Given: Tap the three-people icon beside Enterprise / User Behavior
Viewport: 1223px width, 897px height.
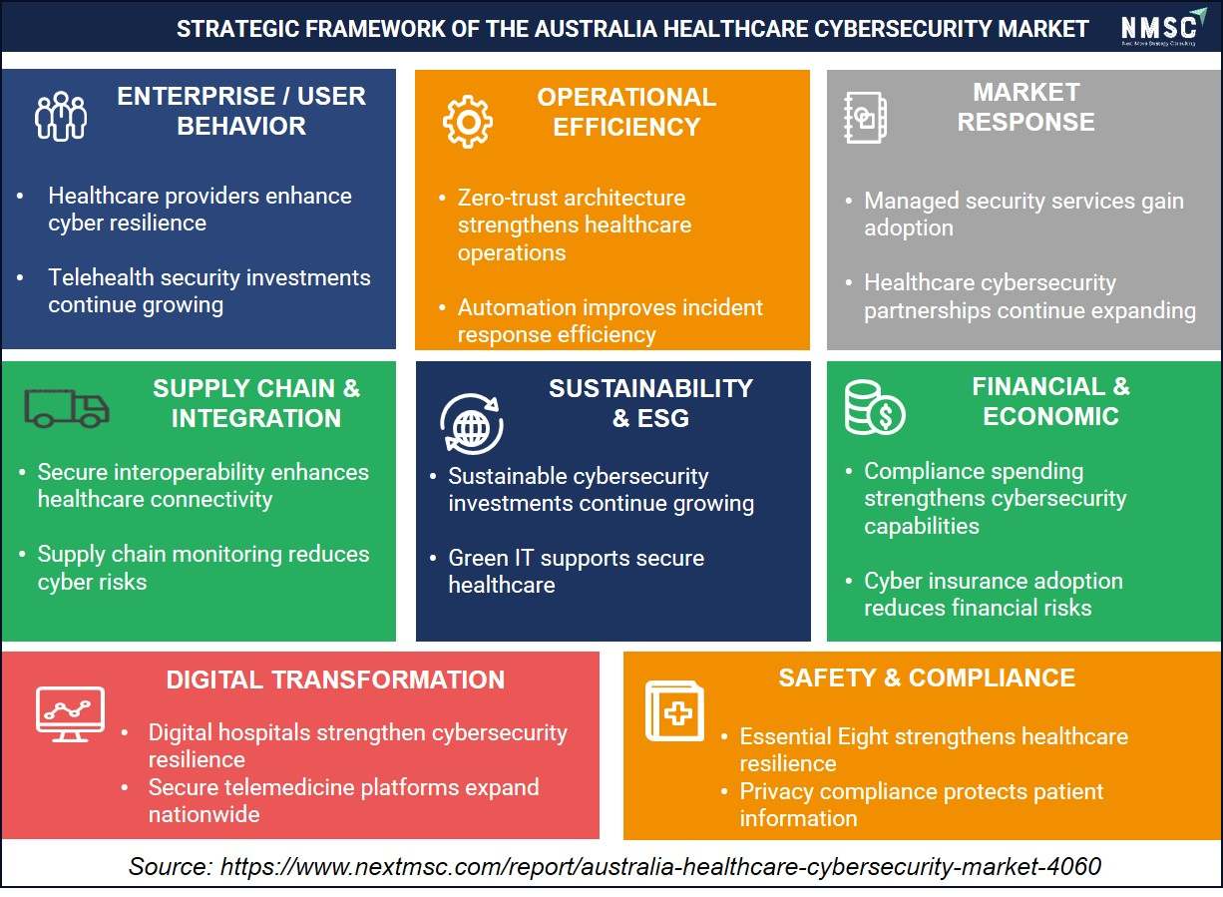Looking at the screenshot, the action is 61,117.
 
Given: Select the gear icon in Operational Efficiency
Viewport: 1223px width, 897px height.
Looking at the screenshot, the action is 468,121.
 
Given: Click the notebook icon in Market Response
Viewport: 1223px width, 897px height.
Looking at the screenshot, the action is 866,118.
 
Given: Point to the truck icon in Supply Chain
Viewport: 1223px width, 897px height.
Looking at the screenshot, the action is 67,408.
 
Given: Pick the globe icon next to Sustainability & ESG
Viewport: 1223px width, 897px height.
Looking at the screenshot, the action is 472,424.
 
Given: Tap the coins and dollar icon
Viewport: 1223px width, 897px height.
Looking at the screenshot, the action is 875,408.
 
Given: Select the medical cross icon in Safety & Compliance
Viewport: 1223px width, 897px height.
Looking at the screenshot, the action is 674,710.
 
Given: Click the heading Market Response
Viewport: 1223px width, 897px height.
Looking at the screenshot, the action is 1025,107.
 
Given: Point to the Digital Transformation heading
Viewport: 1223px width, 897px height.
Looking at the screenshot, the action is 335,680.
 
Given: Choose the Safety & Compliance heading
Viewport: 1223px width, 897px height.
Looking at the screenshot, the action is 927,678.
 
